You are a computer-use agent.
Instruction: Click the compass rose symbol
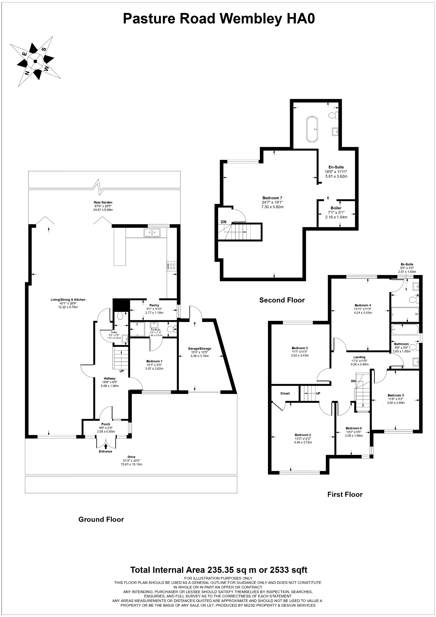(36, 61)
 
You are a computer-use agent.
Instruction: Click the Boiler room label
(336, 208)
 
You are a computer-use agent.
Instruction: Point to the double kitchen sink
(152, 233)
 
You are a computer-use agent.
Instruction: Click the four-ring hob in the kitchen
(173, 266)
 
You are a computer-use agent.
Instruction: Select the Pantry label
(154, 305)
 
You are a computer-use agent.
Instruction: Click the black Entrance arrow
(106, 446)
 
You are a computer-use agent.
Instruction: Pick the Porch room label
(106, 424)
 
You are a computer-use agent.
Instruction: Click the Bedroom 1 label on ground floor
(154, 361)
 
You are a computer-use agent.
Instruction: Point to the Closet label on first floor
(285, 393)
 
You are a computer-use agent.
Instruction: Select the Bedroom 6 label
(353, 428)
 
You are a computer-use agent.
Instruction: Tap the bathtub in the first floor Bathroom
(404, 330)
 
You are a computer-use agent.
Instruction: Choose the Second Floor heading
(282, 300)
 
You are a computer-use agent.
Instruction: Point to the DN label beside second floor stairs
(223, 222)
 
